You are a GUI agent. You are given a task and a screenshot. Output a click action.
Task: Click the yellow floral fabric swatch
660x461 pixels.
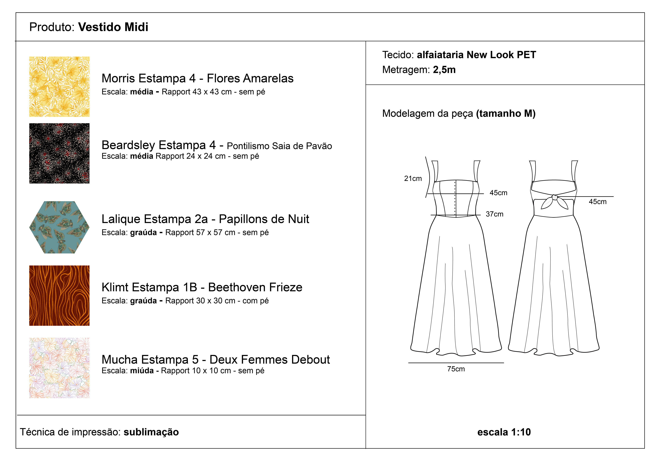tap(59, 86)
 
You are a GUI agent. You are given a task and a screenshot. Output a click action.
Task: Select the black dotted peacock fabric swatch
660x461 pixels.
tap(59, 153)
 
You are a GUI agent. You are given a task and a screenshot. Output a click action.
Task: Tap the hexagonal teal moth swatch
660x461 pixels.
tap(59, 227)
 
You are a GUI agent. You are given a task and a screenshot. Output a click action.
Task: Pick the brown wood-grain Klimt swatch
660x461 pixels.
tap(59, 296)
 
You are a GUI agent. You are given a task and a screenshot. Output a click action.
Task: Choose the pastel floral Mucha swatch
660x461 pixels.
tap(59, 368)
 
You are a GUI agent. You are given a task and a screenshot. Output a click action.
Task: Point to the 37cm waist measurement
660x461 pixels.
tap(494, 214)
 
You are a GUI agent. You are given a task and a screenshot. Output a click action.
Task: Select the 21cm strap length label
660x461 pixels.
tap(413, 179)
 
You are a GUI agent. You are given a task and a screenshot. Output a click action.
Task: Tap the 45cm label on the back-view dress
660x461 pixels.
tap(598, 202)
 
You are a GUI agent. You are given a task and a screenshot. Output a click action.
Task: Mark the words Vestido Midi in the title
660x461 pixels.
tap(113, 27)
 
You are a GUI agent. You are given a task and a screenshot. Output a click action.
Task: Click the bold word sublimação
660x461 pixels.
tap(151, 432)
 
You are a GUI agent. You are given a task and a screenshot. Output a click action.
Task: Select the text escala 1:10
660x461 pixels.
tap(504, 432)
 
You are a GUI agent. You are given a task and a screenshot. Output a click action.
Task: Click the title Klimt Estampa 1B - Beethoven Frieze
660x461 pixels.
tap(202, 287)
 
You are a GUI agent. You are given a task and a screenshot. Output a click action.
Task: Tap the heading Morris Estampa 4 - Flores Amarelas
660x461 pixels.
tap(197, 78)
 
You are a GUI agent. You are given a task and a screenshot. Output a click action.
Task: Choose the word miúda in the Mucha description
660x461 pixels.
tap(142, 371)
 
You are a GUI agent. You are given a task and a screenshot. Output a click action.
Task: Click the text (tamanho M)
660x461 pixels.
tap(506, 114)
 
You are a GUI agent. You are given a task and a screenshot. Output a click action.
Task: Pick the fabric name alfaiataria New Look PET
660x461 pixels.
tap(476, 55)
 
